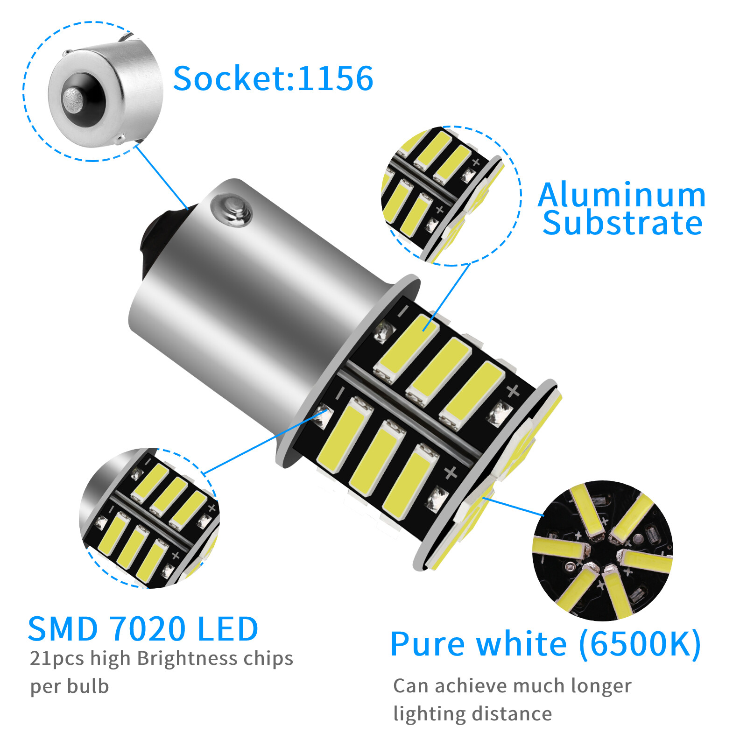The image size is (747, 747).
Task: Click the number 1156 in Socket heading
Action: coord(335,78)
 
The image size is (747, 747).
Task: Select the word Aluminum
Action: coord(621,195)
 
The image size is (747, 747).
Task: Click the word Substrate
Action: coord(622,223)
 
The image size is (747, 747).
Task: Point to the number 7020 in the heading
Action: coord(149,629)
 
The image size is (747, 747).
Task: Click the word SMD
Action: coord(63,629)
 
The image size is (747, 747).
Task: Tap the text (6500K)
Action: coord(640,644)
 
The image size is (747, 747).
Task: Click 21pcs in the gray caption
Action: coord(57,659)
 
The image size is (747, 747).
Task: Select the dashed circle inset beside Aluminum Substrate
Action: coord(451,196)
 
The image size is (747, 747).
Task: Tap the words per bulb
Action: coord(70,687)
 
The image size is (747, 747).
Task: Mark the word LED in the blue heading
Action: coord(227,629)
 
